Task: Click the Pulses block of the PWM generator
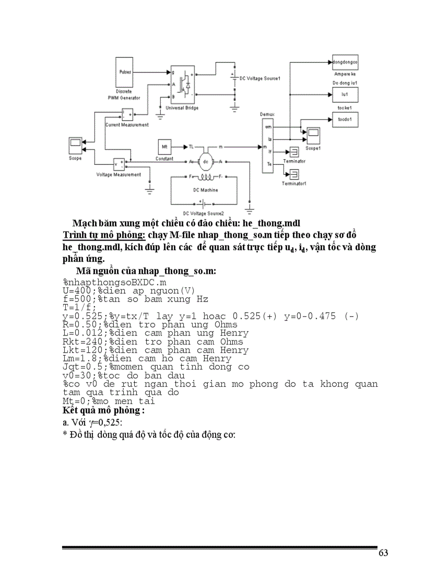126,72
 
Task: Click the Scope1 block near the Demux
313,136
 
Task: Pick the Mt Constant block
164,147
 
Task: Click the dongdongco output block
345,61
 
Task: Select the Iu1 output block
345,94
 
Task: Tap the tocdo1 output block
345,119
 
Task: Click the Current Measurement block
127,114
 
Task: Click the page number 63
383,554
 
